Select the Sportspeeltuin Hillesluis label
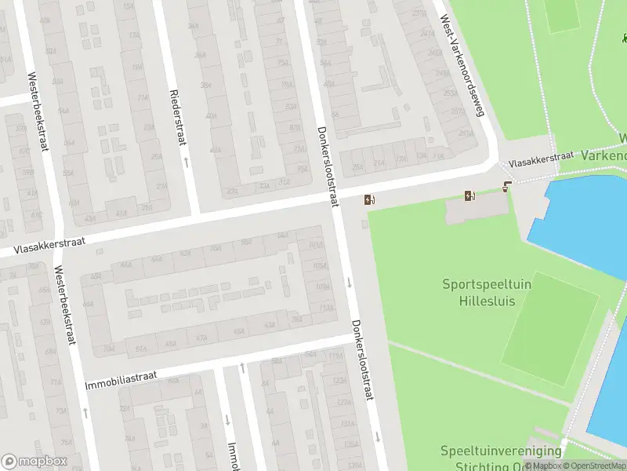pyautogui.click(x=486, y=292)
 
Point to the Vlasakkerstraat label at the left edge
pyautogui.click(x=48, y=246)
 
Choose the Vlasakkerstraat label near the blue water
pyautogui.click(x=541, y=159)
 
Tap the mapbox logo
pyautogui.click(x=34, y=462)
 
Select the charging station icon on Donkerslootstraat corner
pyautogui.click(x=368, y=199)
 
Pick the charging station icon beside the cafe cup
pyautogui.click(x=469, y=195)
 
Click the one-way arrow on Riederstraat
pyautogui.click(x=186, y=162)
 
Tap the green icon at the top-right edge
pyautogui.click(x=624, y=36)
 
